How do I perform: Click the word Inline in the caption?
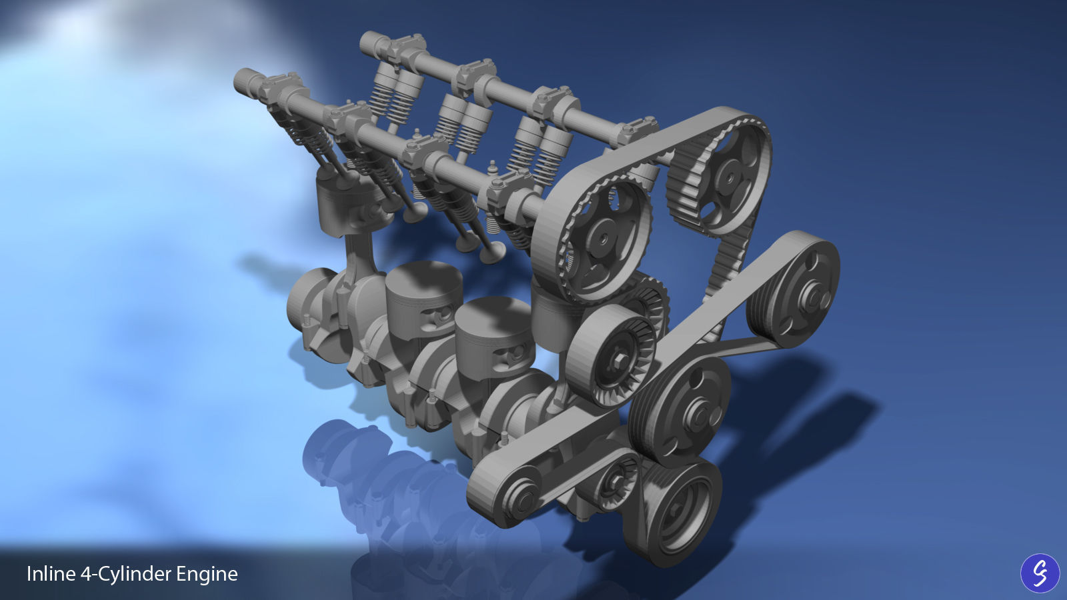(50, 574)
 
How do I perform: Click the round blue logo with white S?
(1040, 573)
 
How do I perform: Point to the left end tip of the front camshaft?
(241, 81)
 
